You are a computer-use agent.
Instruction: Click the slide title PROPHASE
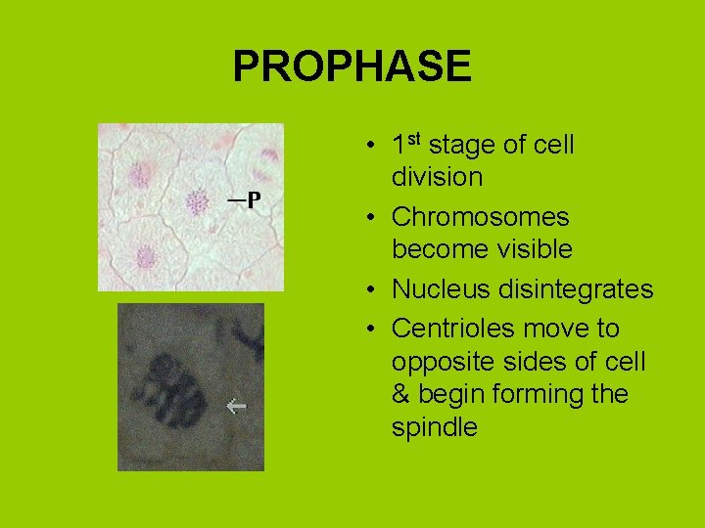pos(352,66)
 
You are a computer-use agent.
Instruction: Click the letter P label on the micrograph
pos(253,200)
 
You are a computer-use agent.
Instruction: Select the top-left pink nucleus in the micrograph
pos(140,175)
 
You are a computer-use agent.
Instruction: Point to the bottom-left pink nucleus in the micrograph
pos(146,257)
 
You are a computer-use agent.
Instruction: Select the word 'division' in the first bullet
pos(437,178)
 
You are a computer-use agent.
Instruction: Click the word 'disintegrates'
pos(575,290)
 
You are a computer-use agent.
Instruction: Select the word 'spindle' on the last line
pos(434,428)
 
